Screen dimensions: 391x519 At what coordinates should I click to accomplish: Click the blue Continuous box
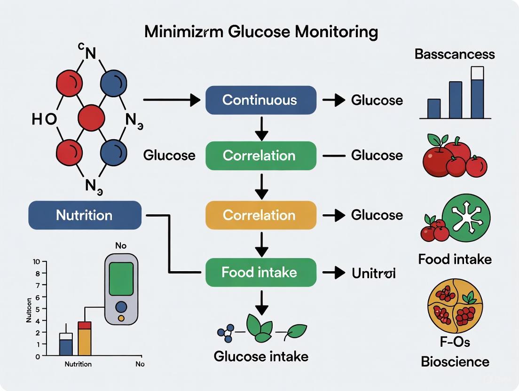tap(260, 100)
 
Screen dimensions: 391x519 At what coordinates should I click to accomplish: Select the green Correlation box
tap(260, 156)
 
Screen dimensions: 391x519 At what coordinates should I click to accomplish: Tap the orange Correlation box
tap(260, 215)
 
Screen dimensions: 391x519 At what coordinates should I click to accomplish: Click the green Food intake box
tap(260, 272)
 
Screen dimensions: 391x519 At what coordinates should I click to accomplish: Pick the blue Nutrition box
tap(85, 215)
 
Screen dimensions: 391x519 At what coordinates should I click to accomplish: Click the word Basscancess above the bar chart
tap(454, 54)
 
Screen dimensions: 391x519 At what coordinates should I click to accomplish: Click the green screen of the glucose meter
tap(121, 279)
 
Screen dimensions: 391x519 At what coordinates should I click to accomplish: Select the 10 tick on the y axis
tap(37, 261)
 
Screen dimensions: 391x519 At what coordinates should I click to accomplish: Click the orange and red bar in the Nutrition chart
tap(85, 339)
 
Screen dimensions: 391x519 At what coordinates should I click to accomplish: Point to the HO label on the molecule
tap(44, 119)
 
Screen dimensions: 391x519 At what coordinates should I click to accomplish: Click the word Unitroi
tap(373, 273)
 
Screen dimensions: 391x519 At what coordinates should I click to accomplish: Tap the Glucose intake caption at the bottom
tap(261, 356)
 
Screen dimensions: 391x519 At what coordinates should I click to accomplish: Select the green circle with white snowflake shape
tap(466, 217)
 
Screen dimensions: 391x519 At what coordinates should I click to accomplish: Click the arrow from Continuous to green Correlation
tap(261, 127)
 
